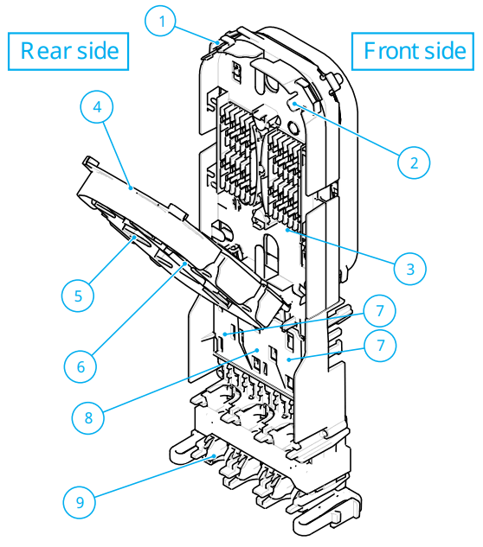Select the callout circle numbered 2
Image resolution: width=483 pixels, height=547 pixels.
coord(414,161)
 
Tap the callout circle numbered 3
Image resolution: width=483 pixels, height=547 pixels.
coord(409,267)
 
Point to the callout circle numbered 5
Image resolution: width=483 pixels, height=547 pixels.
coord(79,295)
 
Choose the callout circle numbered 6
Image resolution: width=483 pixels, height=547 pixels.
coord(81,365)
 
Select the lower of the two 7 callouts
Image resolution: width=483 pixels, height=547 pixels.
coord(380,347)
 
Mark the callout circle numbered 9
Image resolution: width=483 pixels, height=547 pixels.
coord(81,501)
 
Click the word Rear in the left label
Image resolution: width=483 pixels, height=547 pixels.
coord(44,50)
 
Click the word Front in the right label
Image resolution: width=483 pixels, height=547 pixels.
coord(388,50)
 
